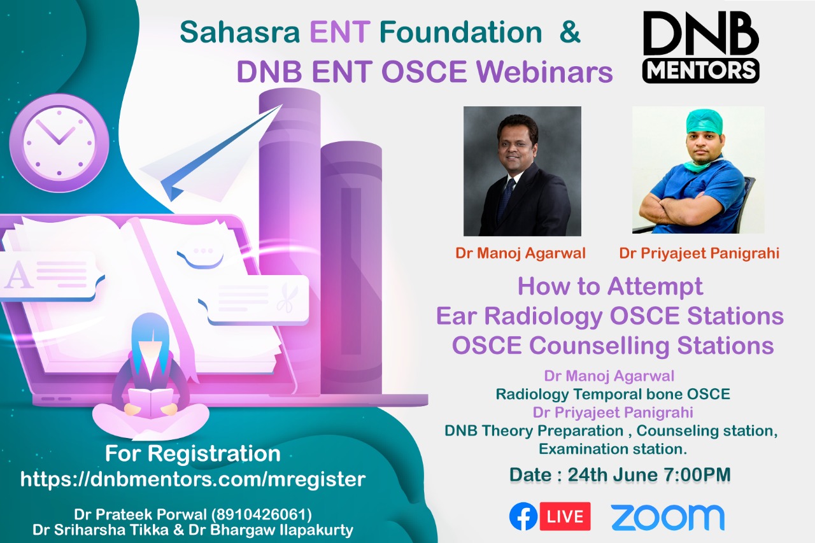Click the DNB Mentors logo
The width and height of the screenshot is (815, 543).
tap(700, 47)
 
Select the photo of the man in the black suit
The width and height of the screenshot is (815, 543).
tap(522, 171)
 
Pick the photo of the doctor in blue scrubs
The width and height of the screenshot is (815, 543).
tap(698, 170)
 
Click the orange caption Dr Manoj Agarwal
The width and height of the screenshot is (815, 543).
tap(520, 253)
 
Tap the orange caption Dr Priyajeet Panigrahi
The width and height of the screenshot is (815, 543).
tap(699, 253)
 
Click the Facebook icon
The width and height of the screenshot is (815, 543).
tap(523, 516)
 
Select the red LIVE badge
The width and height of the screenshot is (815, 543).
tap(565, 516)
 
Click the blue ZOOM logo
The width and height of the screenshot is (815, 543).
tap(667, 517)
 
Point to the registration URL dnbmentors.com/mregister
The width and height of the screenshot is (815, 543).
tap(192, 479)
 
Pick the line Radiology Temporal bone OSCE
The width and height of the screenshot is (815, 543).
tap(613, 394)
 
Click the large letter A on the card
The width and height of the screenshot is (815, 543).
tap(18, 276)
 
